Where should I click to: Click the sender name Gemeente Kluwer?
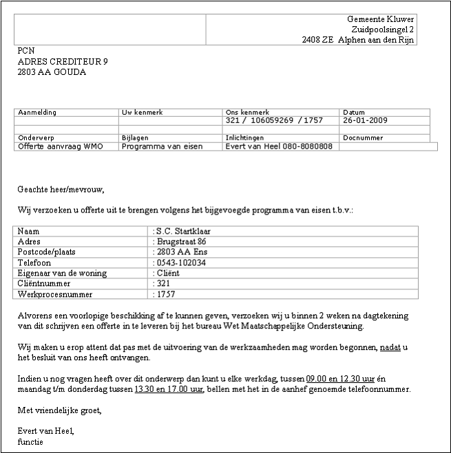(380, 19)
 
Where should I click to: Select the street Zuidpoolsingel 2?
(383, 30)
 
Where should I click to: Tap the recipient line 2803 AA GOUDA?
(52, 71)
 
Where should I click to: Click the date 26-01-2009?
(364, 120)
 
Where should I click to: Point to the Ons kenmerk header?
(247, 112)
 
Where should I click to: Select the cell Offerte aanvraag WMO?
(60, 146)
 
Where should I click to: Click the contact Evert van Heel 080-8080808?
(279, 146)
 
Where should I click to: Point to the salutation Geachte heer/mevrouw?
(61, 188)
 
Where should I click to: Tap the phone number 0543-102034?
(181, 263)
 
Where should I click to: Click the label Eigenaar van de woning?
(62, 273)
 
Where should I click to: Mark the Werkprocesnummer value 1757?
(166, 294)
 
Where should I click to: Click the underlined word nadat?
(390, 348)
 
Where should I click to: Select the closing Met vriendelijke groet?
(59, 410)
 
